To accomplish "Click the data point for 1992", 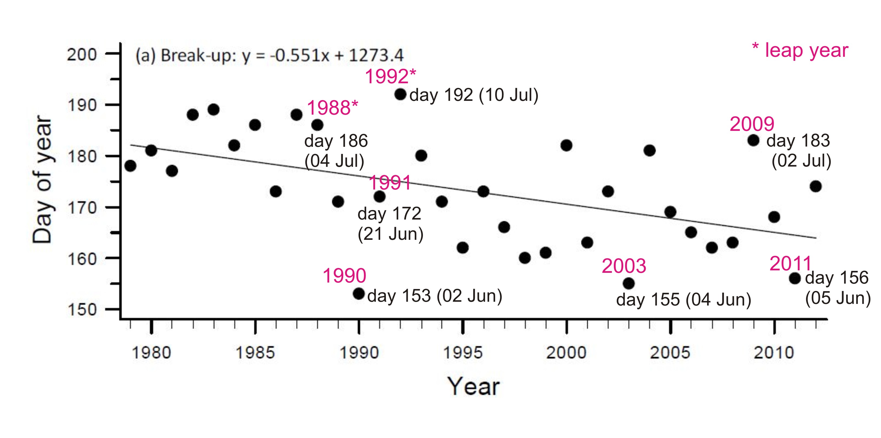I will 400,94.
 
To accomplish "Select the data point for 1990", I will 358,293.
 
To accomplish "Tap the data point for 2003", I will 629,283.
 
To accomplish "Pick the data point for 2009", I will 753,140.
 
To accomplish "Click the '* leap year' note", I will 800,51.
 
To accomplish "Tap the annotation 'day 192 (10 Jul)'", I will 474,95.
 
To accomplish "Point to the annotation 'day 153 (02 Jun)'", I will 435,296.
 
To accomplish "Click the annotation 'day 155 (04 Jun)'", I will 683,300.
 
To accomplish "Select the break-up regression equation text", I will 270,55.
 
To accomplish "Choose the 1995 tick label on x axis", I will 462,353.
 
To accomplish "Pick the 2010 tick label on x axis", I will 774,353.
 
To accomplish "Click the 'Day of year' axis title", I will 42,180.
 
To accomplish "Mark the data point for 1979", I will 130,166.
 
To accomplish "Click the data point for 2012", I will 816,186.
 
